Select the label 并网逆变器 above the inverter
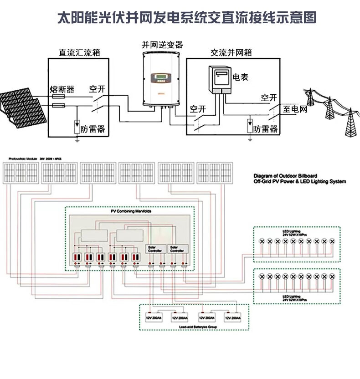coord(162,45)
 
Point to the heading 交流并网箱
coord(231,53)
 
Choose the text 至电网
coord(295,109)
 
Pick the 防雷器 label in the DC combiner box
coord(93,129)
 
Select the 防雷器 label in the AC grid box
coord(266,129)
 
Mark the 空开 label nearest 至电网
coord(269,97)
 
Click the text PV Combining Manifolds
coord(131,212)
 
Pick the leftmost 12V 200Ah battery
coord(154,317)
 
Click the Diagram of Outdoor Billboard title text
coord(285,175)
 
